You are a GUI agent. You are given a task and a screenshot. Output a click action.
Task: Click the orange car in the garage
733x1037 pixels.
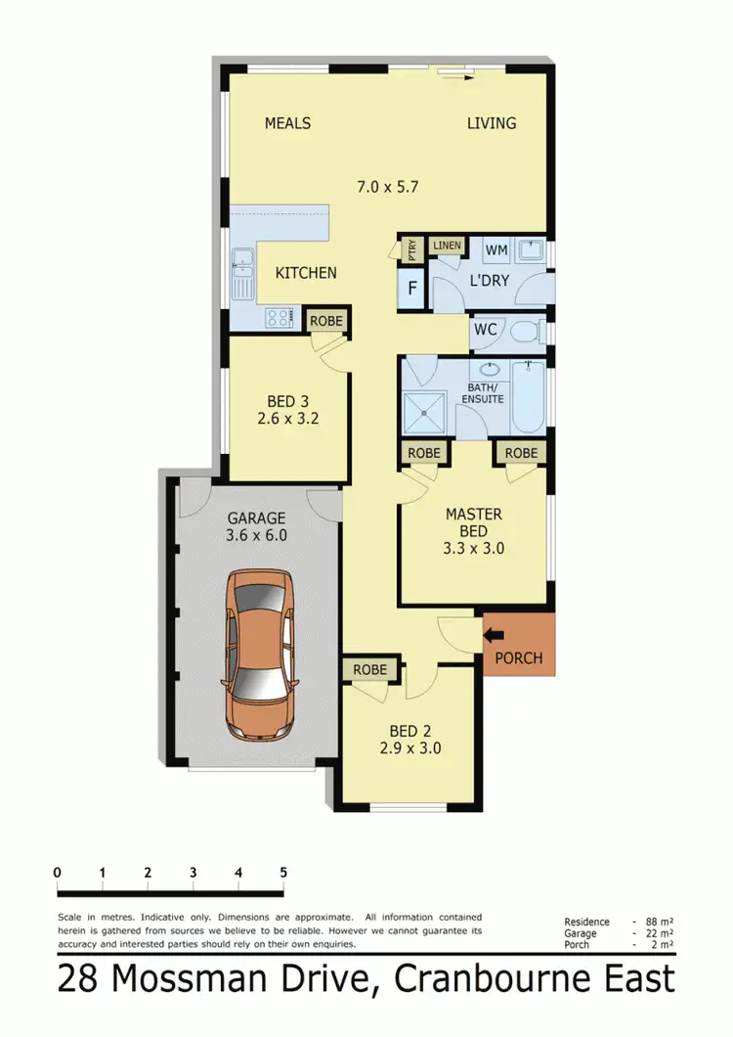260,655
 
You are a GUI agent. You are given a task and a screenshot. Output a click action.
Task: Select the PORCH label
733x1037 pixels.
519,657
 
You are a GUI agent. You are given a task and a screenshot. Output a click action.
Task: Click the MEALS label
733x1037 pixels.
287,123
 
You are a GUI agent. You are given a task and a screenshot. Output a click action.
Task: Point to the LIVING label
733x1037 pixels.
491,123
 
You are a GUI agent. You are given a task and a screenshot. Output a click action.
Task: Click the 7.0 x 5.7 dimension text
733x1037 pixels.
388,185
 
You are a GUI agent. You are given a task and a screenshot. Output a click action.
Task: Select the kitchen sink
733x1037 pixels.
240,269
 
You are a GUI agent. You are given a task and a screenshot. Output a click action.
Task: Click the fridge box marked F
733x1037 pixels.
411,289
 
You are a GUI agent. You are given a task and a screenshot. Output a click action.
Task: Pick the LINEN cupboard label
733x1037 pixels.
447,245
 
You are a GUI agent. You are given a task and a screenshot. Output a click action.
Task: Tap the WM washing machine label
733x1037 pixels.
496,250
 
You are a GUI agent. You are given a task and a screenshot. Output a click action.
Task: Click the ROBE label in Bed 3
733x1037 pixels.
322,320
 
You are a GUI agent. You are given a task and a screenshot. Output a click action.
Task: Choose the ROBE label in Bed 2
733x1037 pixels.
370,670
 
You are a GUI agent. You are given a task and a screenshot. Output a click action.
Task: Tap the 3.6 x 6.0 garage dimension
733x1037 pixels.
256,536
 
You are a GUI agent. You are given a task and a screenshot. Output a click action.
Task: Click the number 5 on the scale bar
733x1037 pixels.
283,872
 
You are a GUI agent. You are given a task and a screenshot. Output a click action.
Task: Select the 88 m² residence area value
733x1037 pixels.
656,922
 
